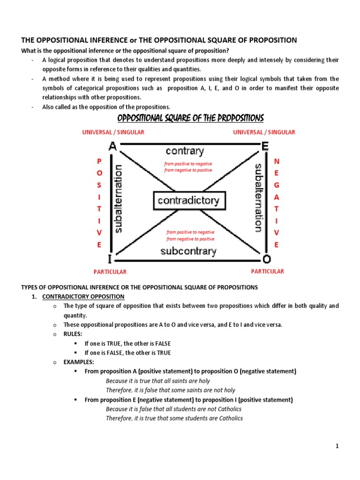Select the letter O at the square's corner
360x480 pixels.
coord(266,259)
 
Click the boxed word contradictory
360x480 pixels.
coord(189,201)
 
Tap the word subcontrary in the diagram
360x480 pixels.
coord(188,251)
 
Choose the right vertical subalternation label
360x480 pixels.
coord(257,197)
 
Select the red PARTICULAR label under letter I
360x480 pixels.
coord(110,272)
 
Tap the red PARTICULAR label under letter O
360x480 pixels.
coord(267,271)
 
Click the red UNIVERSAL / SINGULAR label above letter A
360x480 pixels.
coord(113,132)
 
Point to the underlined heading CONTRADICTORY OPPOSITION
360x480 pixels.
coord(83,297)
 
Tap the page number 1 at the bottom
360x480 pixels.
coord(337,447)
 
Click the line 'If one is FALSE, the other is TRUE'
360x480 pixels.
coord(127,353)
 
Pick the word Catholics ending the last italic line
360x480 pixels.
coord(230,418)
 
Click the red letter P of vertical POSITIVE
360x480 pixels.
coord(99,161)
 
